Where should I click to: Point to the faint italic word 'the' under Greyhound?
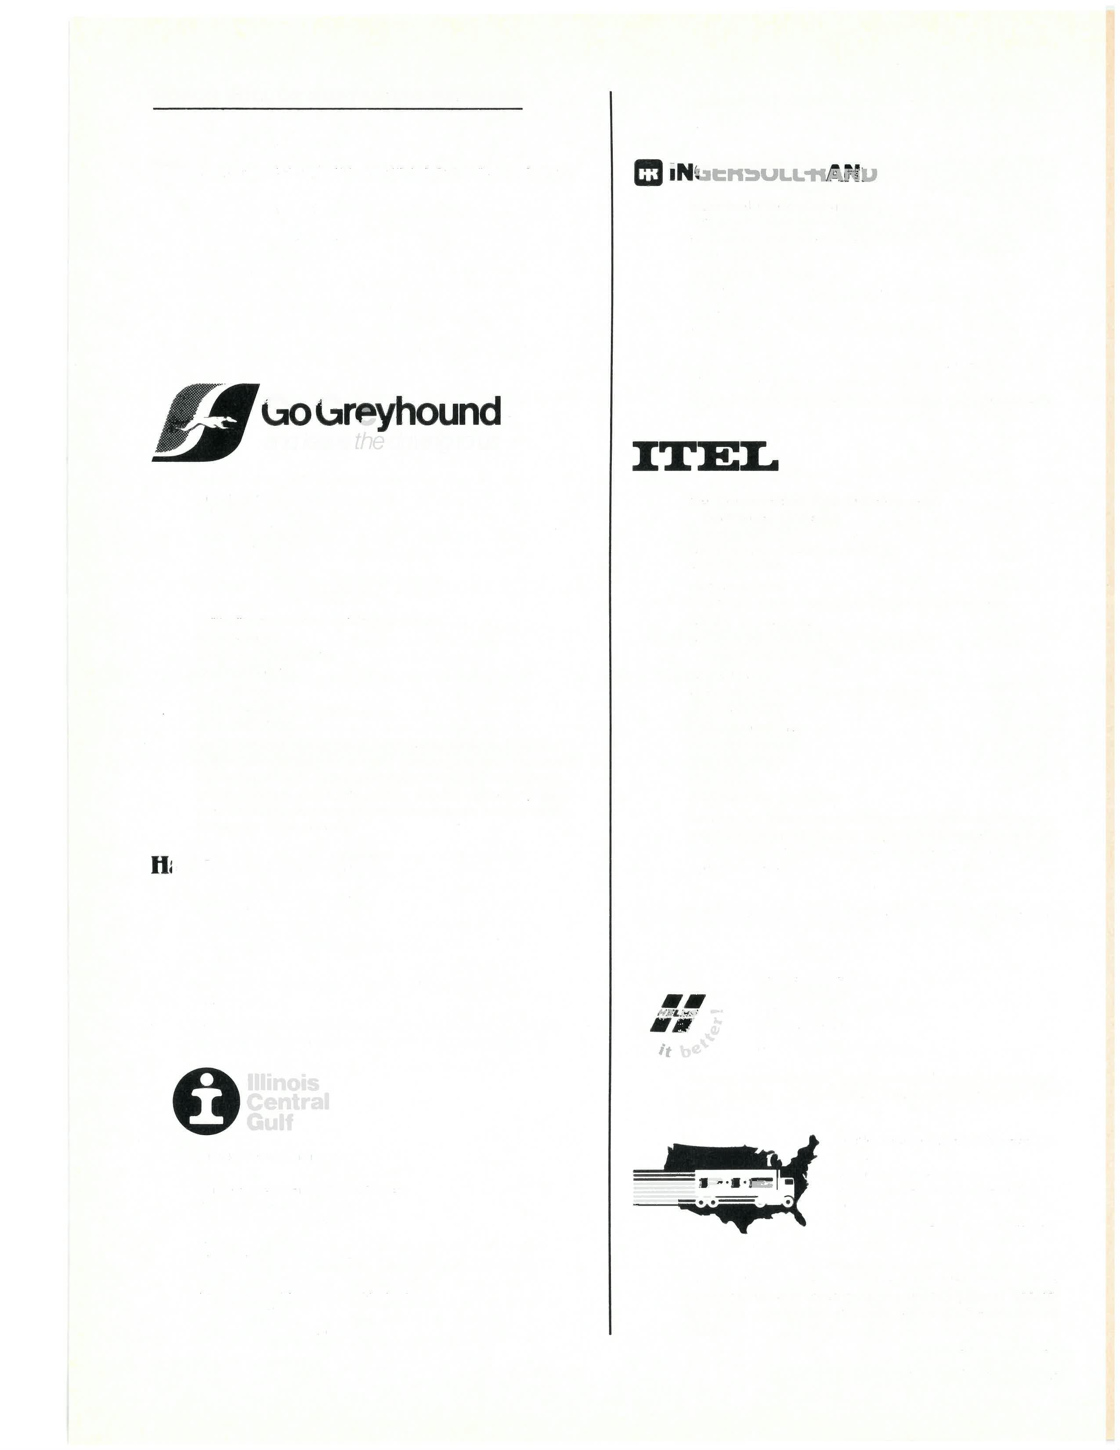(x=369, y=442)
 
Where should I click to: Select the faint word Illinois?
(x=283, y=1083)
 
